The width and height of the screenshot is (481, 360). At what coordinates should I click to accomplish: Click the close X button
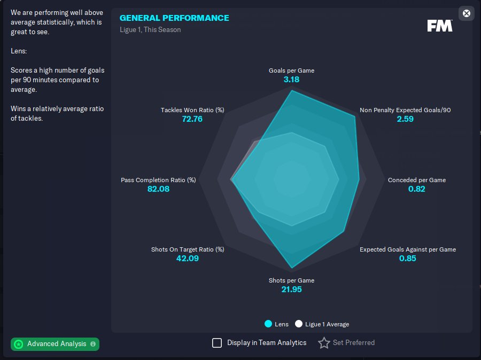[x=467, y=13]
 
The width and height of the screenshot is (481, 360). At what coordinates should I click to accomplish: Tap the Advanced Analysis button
[x=55, y=344]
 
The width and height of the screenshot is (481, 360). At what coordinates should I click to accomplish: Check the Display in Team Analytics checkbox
[x=217, y=343]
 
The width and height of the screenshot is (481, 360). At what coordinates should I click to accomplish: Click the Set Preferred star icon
[x=324, y=343]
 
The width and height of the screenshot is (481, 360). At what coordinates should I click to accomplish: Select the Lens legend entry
[x=276, y=324]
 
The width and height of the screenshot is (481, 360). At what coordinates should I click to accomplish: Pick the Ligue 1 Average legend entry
[x=322, y=324]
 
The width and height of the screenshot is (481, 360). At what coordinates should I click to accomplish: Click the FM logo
[x=440, y=26]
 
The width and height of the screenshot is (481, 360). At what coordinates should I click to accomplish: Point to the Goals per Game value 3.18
[x=291, y=80]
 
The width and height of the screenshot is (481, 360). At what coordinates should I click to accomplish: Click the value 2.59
[x=405, y=119]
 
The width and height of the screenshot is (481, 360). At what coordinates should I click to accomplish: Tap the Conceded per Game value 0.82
[x=417, y=189]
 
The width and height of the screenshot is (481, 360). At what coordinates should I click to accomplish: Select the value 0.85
[x=408, y=259]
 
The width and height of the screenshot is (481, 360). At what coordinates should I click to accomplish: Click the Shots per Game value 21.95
[x=291, y=289]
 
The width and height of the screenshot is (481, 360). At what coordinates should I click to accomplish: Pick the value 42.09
[x=188, y=259]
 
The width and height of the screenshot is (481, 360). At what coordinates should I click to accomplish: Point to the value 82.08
[x=158, y=189]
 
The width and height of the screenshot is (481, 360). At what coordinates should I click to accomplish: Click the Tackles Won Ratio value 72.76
[x=192, y=119]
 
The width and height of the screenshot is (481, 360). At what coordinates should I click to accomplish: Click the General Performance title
[x=174, y=18]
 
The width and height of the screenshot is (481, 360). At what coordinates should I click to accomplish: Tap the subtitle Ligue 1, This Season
[x=150, y=30]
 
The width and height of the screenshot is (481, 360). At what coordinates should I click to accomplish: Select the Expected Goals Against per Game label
[x=408, y=249]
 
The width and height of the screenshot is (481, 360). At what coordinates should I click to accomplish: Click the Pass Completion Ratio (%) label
[x=158, y=180]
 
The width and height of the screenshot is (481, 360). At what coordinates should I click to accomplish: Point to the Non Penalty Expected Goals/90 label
[x=405, y=110]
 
